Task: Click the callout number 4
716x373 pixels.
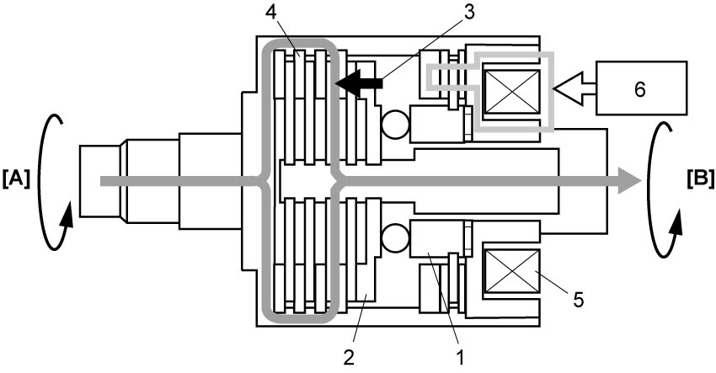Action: (x=271, y=13)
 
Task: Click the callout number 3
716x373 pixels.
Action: (x=468, y=13)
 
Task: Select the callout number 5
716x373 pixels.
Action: (x=579, y=300)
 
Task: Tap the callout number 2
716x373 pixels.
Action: (x=349, y=357)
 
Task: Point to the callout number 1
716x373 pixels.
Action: (x=460, y=357)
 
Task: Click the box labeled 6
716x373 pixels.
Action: (x=641, y=88)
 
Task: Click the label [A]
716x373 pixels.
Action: (x=16, y=179)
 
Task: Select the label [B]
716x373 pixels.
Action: (x=700, y=179)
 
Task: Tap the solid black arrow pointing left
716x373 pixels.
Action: (x=359, y=83)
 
